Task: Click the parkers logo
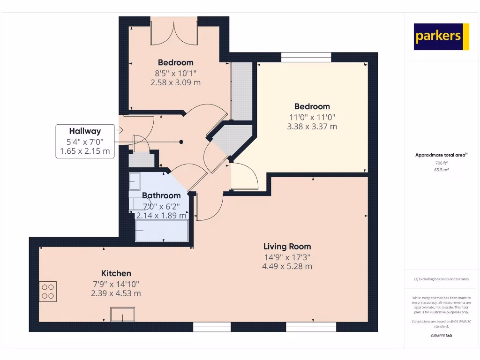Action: [441, 37]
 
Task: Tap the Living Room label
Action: [287, 247]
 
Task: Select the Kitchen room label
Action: [116, 273]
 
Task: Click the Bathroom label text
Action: [161, 195]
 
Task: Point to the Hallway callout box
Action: [85, 141]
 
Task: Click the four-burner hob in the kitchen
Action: [48, 291]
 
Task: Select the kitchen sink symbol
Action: [122, 314]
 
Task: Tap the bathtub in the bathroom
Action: [162, 230]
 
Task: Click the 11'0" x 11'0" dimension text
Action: [312, 117]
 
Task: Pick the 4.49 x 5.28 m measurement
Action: [287, 266]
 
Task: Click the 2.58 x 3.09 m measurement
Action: [175, 82]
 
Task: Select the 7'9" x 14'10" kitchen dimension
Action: [116, 284]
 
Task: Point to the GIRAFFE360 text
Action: [441, 336]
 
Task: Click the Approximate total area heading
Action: [441, 155]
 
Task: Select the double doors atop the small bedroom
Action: [174, 32]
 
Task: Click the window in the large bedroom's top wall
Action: [306, 57]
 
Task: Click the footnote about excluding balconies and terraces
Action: [441, 279]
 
